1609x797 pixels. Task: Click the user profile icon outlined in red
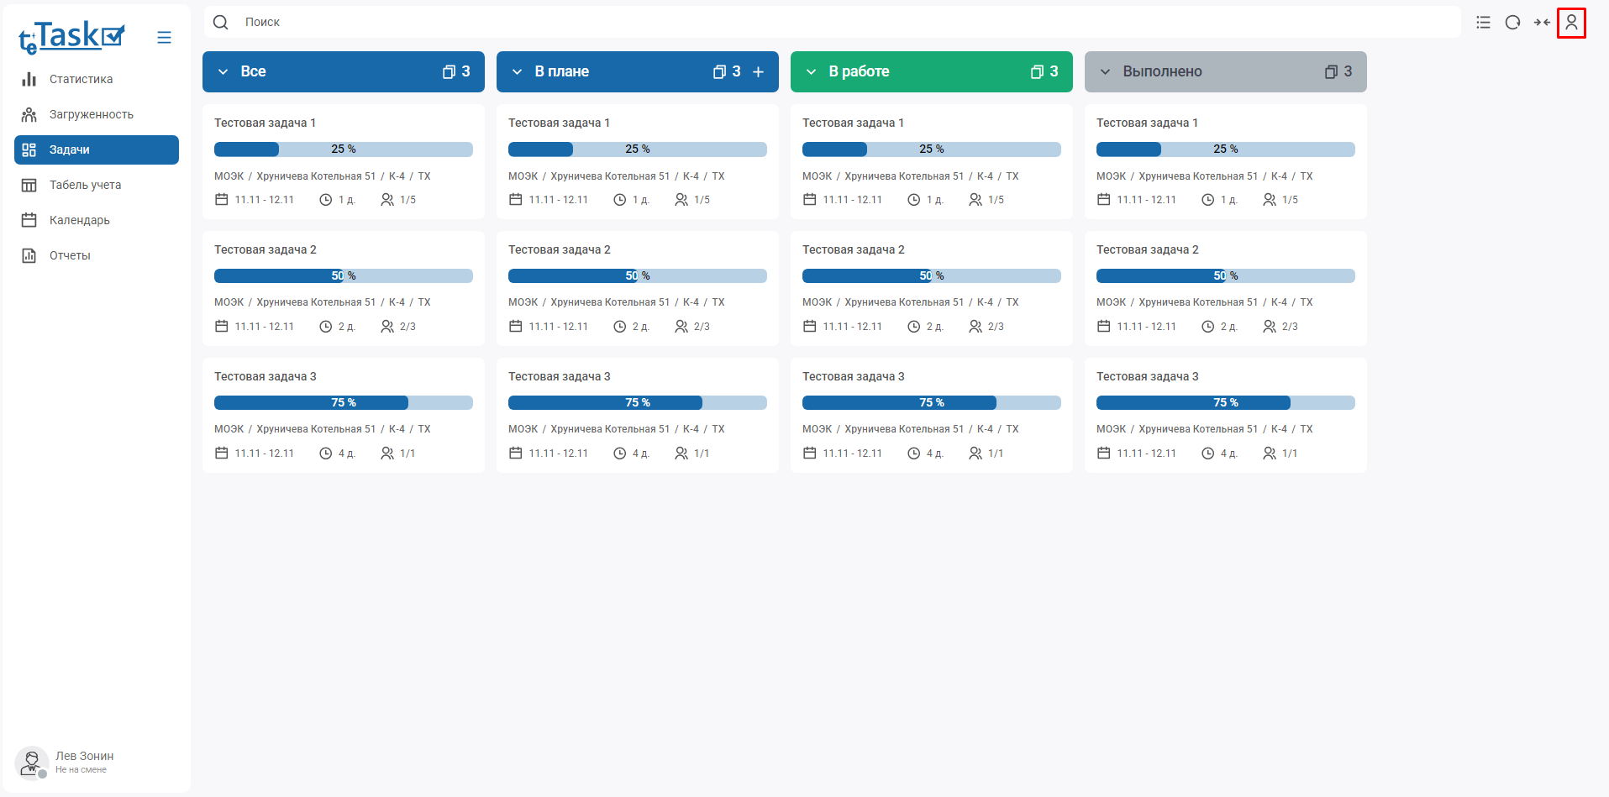coord(1570,23)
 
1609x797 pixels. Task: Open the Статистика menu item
coord(81,79)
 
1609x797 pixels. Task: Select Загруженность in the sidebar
coord(91,114)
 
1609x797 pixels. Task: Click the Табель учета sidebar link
coord(85,185)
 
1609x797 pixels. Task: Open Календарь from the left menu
coord(79,220)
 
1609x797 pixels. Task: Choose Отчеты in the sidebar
coord(70,255)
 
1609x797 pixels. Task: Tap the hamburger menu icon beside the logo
coord(164,38)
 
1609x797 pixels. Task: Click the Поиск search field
coord(832,22)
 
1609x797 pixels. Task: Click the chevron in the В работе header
coord(811,72)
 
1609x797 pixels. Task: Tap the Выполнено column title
coord(1162,72)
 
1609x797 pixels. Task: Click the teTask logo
coord(71,37)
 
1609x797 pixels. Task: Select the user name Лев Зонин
coord(84,756)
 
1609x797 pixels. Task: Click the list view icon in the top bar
coord(1483,23)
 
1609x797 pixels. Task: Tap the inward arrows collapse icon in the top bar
coord(1541,23)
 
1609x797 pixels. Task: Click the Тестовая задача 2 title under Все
coord(266,249)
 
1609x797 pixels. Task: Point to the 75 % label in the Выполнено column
coord(1225,403)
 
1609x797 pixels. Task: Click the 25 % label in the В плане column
coord(637,149)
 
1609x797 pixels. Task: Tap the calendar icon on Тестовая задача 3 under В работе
coord(809,454)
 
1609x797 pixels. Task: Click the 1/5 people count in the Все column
coord(408,200)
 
